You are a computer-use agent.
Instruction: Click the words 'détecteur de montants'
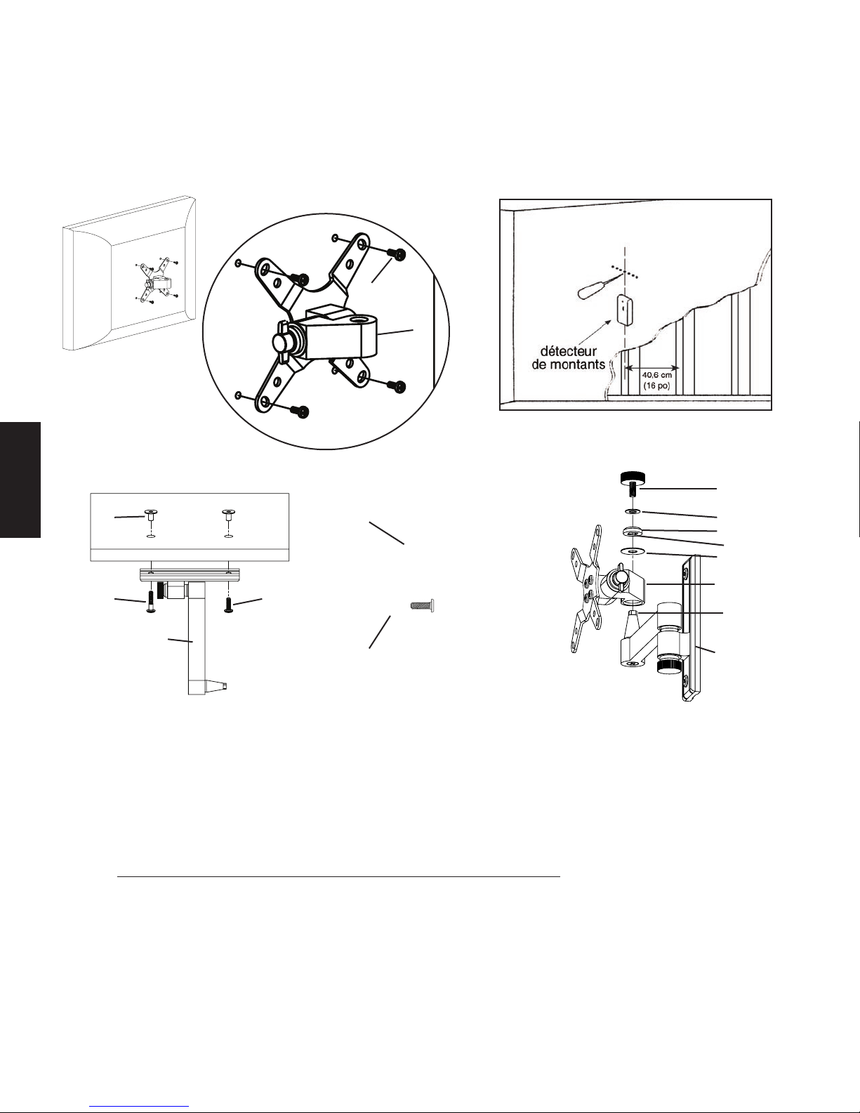click(x=569, y=358)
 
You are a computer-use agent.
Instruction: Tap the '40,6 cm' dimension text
click(x=657, y=376)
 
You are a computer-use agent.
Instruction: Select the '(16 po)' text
click(x=657, y=386)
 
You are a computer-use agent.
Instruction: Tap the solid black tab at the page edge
click(x=20, y=480)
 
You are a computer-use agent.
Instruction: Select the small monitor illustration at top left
click(x=129, y=273)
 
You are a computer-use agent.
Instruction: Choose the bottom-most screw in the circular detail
click(x=301, y=411)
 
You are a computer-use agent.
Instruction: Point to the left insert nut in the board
click(x=151, y=515)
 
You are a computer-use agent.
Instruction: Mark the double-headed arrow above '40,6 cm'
click(x=653, y=367)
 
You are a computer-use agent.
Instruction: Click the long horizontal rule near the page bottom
click(x=339, y=876)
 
